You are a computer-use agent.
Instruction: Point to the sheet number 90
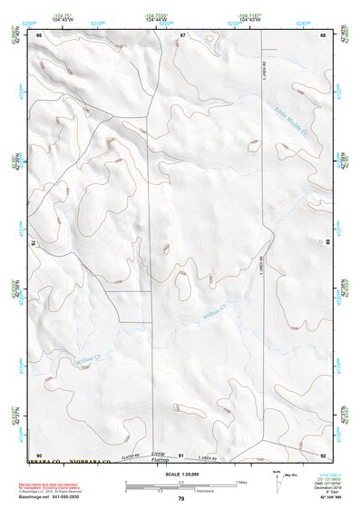39,455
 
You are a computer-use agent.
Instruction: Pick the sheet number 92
324,455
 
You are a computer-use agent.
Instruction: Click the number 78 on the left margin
34,242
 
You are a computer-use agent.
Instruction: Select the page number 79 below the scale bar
181,499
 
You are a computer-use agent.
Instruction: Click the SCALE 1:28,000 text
180,474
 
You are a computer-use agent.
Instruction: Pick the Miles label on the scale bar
239,482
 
